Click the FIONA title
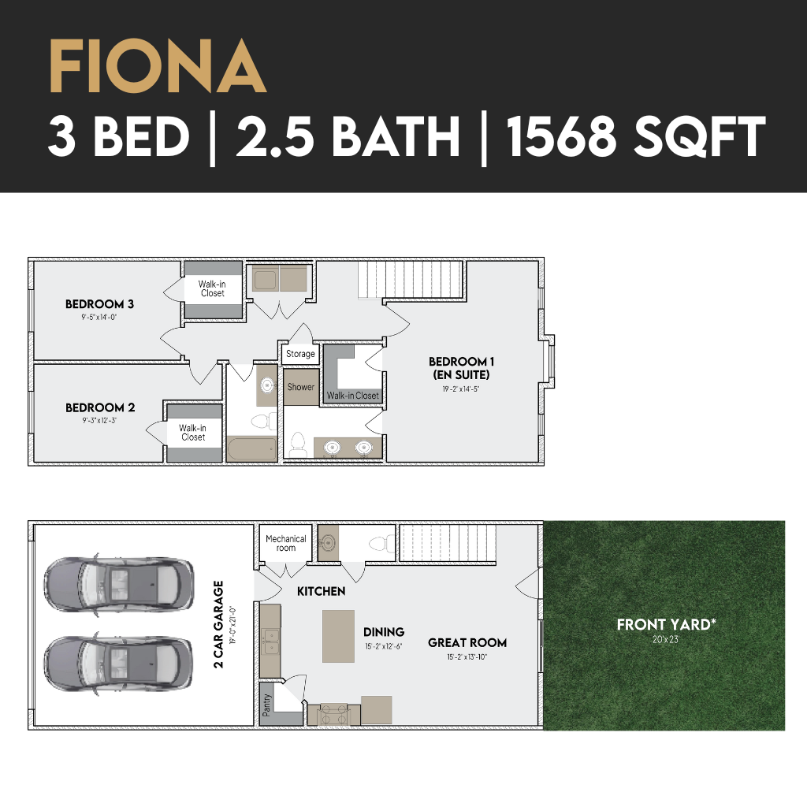pyautogui.click(x=158, y=67)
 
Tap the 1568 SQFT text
pyautogui.click(x=636, y=136)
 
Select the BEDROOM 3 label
pyautogui.click(x=99, y=304)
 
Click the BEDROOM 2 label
pyautogui.click(x=100, y=407)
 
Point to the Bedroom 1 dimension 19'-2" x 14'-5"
pyautogui.click(x=460, y=389)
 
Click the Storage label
pyautogui.click(x=300, y=354)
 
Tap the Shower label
pyautogui.click(x=300, y=387)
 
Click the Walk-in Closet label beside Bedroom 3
pyautogui.click(x=212, y=288)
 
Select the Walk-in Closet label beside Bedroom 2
pyautogui.click(x=192, y=433)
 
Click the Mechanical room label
pyautogui.click(x=285, y=543)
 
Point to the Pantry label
pyautogui.click(x=266, y=705)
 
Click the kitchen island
pyautogui.click(x=338, y=636)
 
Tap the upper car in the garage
pyautogui.click(x=119, y=586)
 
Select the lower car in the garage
pyautogui.click(x=118, y=664)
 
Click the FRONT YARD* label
pyautogui.click(x=666, y=625)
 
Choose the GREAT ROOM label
pyautogui.click(x=467, y=643)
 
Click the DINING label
pyautogui.click(x=384, y=632)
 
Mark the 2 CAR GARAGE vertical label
pyautogui.click(x=219, y=624)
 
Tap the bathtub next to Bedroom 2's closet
pyautogui.click(x=251, y=449)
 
